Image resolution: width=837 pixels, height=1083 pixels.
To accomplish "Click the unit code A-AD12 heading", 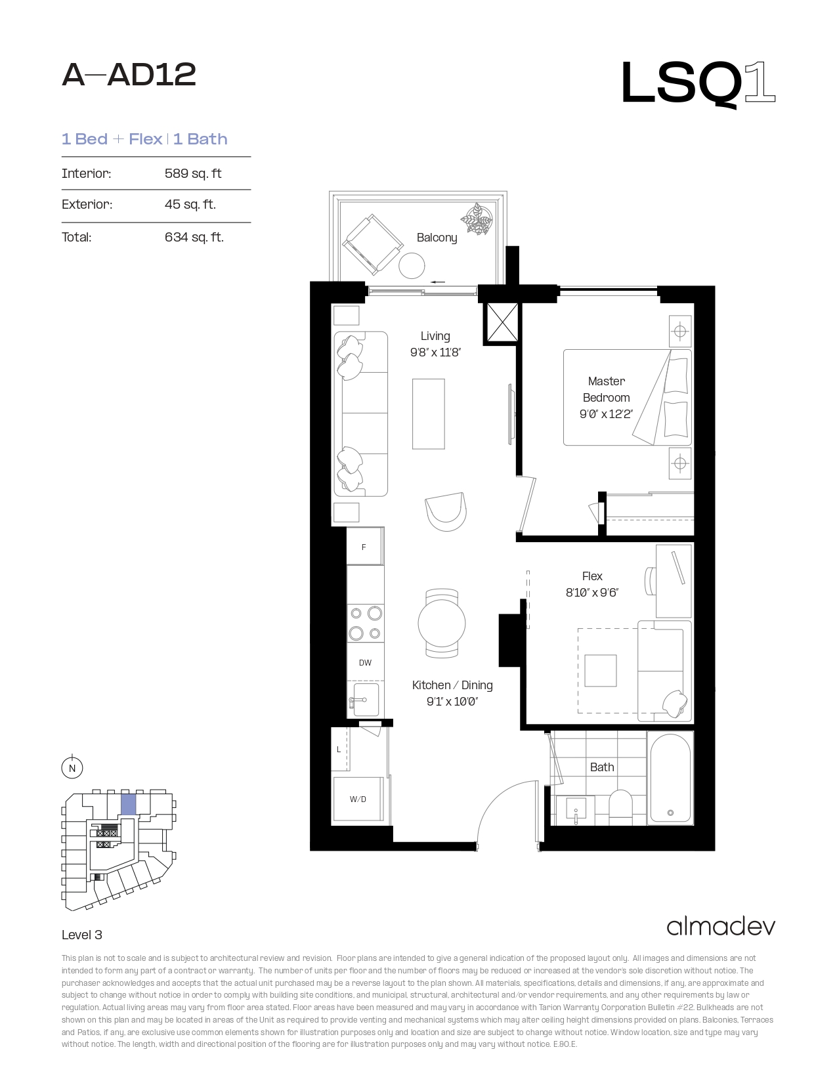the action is (x=129, y=75).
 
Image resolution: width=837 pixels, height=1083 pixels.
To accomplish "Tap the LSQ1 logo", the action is (x=698, y=83).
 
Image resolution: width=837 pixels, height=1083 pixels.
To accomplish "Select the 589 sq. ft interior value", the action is (x=193, y=173).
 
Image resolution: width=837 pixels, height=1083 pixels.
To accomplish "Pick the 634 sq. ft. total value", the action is (x=194, y=237).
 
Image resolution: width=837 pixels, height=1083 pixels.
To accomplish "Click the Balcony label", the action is (x=437, y=238).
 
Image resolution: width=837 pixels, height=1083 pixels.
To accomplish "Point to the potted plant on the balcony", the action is (x=477, y=219).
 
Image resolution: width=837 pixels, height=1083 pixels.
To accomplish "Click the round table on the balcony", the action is (x=412, y=266).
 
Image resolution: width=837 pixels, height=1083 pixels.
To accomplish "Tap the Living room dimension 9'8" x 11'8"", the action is (x=435, y=353).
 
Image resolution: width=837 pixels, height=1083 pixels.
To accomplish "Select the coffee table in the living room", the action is (x=428, y=414).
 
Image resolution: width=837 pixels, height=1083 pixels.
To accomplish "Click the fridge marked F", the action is (x=365, y=546).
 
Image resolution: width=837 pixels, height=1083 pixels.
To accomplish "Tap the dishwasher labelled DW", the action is (x=366, y=662).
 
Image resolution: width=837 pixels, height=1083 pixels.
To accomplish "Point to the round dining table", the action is (x=442, y=623).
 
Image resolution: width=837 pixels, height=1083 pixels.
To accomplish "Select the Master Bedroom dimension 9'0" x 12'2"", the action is (x=606, y=414).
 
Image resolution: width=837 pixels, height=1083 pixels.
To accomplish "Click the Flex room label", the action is (x=592, y=576).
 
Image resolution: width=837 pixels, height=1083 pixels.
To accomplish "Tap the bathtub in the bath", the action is (x=670, y=778).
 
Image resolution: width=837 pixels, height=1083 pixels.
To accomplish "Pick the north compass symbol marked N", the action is (x=72, y=767).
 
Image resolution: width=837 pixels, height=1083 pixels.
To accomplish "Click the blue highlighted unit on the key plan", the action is (x=129, y=805).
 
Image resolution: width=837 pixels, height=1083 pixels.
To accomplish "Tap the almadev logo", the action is (x=721, y=927).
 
